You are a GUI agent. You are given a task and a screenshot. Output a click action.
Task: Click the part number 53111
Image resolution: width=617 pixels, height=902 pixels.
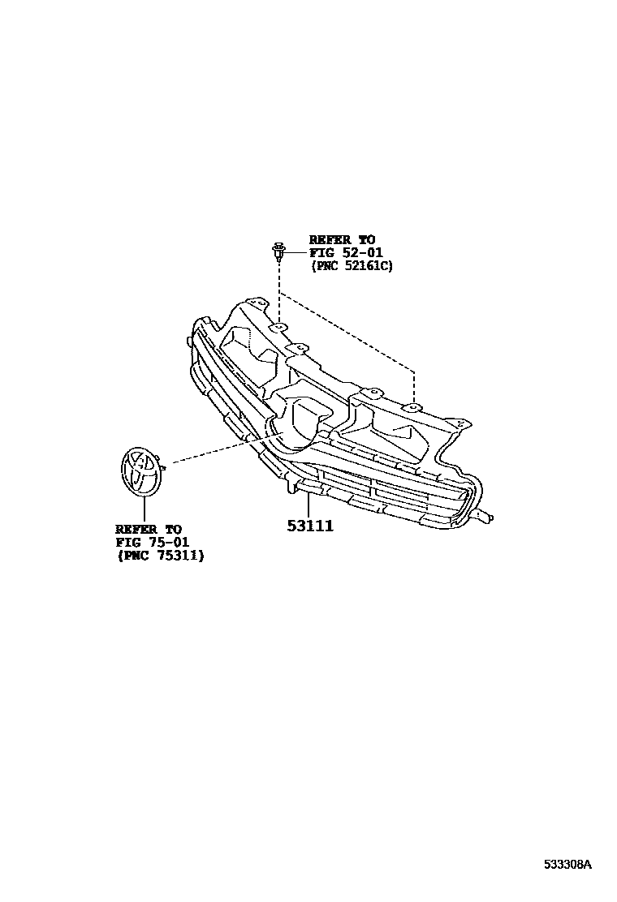tap(310, 526)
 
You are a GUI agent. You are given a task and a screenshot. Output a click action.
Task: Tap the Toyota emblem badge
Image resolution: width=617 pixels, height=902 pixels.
tap(140, 471)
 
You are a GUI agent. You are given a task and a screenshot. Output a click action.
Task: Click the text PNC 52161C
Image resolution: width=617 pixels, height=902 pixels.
tap(352, 265)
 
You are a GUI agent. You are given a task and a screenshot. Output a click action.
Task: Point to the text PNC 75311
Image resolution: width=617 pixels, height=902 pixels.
tap(160, 556)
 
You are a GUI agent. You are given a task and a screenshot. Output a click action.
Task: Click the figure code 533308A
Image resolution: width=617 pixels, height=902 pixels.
tap(568, 864)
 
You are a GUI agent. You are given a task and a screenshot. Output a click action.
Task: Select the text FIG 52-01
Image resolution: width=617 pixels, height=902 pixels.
tap(345, 252)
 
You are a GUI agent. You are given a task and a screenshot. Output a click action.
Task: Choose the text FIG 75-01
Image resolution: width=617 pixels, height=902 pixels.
tap(152, 543)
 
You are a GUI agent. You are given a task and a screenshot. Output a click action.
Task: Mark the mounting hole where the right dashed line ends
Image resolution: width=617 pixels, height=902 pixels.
tap(413, 406)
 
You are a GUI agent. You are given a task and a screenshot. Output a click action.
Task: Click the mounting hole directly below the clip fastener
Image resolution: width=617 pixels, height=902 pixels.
tap(278, 326)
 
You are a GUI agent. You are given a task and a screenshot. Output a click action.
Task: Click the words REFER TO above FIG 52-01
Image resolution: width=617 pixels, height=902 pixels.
tap(342, 239)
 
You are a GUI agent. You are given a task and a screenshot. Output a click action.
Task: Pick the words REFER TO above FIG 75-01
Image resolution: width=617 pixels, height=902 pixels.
tap(149, 530)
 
